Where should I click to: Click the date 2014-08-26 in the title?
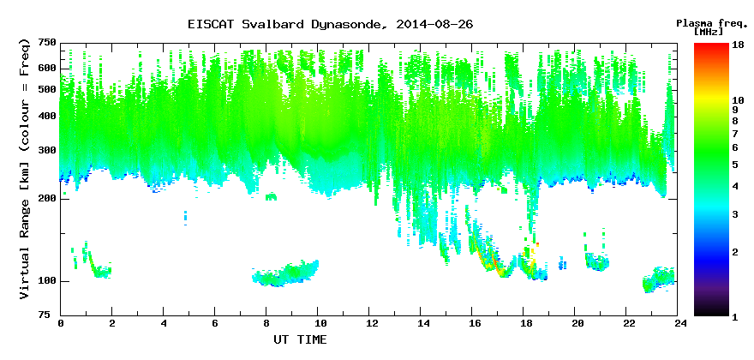tap(434, 24)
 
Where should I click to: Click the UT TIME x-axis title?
tap(300, 339)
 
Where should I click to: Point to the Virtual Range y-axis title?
tap(25, 169)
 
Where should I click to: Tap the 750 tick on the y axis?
tap(51, 44)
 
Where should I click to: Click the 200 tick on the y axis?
tap(51, 199)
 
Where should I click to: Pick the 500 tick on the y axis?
tap(51, 90)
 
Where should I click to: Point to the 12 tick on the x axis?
tap(368, 323)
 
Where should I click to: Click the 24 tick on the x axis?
tap(677, 323)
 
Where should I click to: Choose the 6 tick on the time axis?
tap(215, 323)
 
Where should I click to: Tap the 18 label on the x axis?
tap(524, 323)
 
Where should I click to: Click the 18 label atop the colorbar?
tap(738, 45)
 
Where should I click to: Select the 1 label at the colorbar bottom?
tap(735, 318)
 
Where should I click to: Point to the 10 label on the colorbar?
tap(738, 100)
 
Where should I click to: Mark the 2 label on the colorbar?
tap(735, 252)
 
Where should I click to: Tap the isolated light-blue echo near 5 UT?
tap(185, 218)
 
